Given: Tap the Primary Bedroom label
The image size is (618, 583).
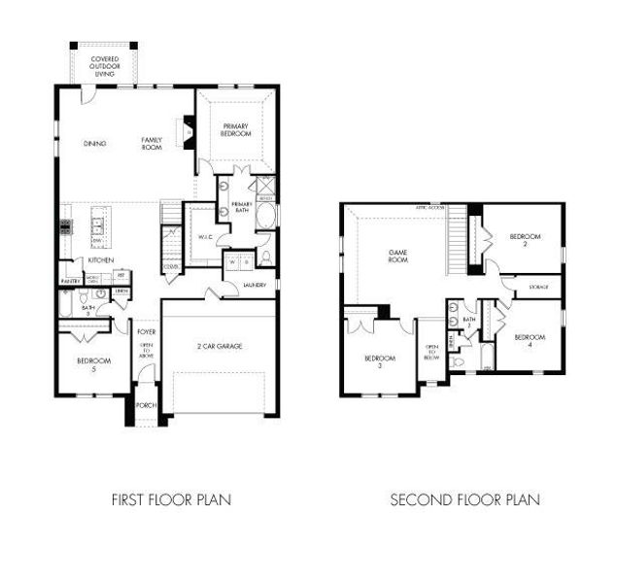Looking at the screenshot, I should pyautogui.click(x=236, y=129).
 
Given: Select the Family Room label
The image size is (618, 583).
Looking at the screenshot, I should pyautogui.click(x=152, y=143).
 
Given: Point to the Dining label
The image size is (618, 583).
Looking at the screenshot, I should pyautogui.click(x=94, y=145).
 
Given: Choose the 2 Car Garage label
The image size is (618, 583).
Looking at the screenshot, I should pyautogui.click(x=221, y=346).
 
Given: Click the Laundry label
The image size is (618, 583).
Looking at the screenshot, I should pyautogui.click(x=256, y=285).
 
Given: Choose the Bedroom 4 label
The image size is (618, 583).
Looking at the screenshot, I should pyautogui.click(x=530, y=340).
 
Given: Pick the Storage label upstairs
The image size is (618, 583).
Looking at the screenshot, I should pyautogui.click(x=538, y=288).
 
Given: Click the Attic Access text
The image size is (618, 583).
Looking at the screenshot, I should pyautogui.click(x=430, y=207).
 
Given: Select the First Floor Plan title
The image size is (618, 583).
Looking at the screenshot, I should pyautogui.click(x=171, y=500).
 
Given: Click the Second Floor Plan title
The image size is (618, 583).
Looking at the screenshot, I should pyautogui.click(x=464, y=500).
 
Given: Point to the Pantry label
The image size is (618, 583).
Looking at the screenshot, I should pyautogui.click(x=69, y=281).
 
